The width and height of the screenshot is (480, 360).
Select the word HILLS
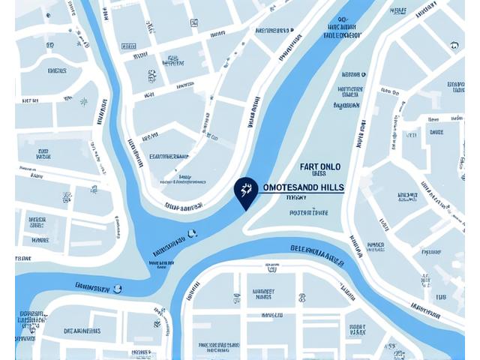(331, 187)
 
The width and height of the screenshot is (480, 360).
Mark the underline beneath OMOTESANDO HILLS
(300, 193)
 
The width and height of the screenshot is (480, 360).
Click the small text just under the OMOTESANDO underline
(296, 199)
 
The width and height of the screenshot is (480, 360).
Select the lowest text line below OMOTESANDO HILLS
(308, 213)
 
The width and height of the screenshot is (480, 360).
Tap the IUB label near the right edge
(440, 298)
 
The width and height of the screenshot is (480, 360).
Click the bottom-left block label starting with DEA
(82, 331)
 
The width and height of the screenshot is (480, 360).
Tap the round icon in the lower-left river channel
(117, 287)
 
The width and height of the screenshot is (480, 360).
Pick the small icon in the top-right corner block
(454, 45)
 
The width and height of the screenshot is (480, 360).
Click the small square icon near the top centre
(194, 22)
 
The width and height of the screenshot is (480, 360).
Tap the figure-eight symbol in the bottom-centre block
(237, 298)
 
